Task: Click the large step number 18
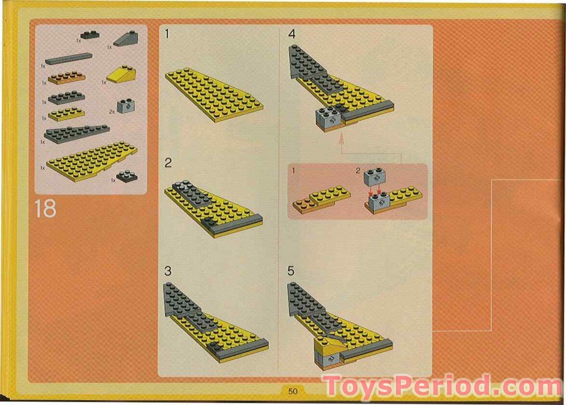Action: tap(46, 209)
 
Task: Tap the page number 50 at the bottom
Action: tap(294, 391)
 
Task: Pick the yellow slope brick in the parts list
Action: tap(122, 75)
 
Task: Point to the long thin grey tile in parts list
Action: tap(68, 58)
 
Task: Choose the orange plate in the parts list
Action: tap(67, 77)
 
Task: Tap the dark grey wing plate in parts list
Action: tap(75, 133)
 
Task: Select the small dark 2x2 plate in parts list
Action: tap(127, 176)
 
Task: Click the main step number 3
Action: tap(168, 271)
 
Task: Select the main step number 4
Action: tap(292, 34)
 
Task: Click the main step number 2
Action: tap(168, 163)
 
